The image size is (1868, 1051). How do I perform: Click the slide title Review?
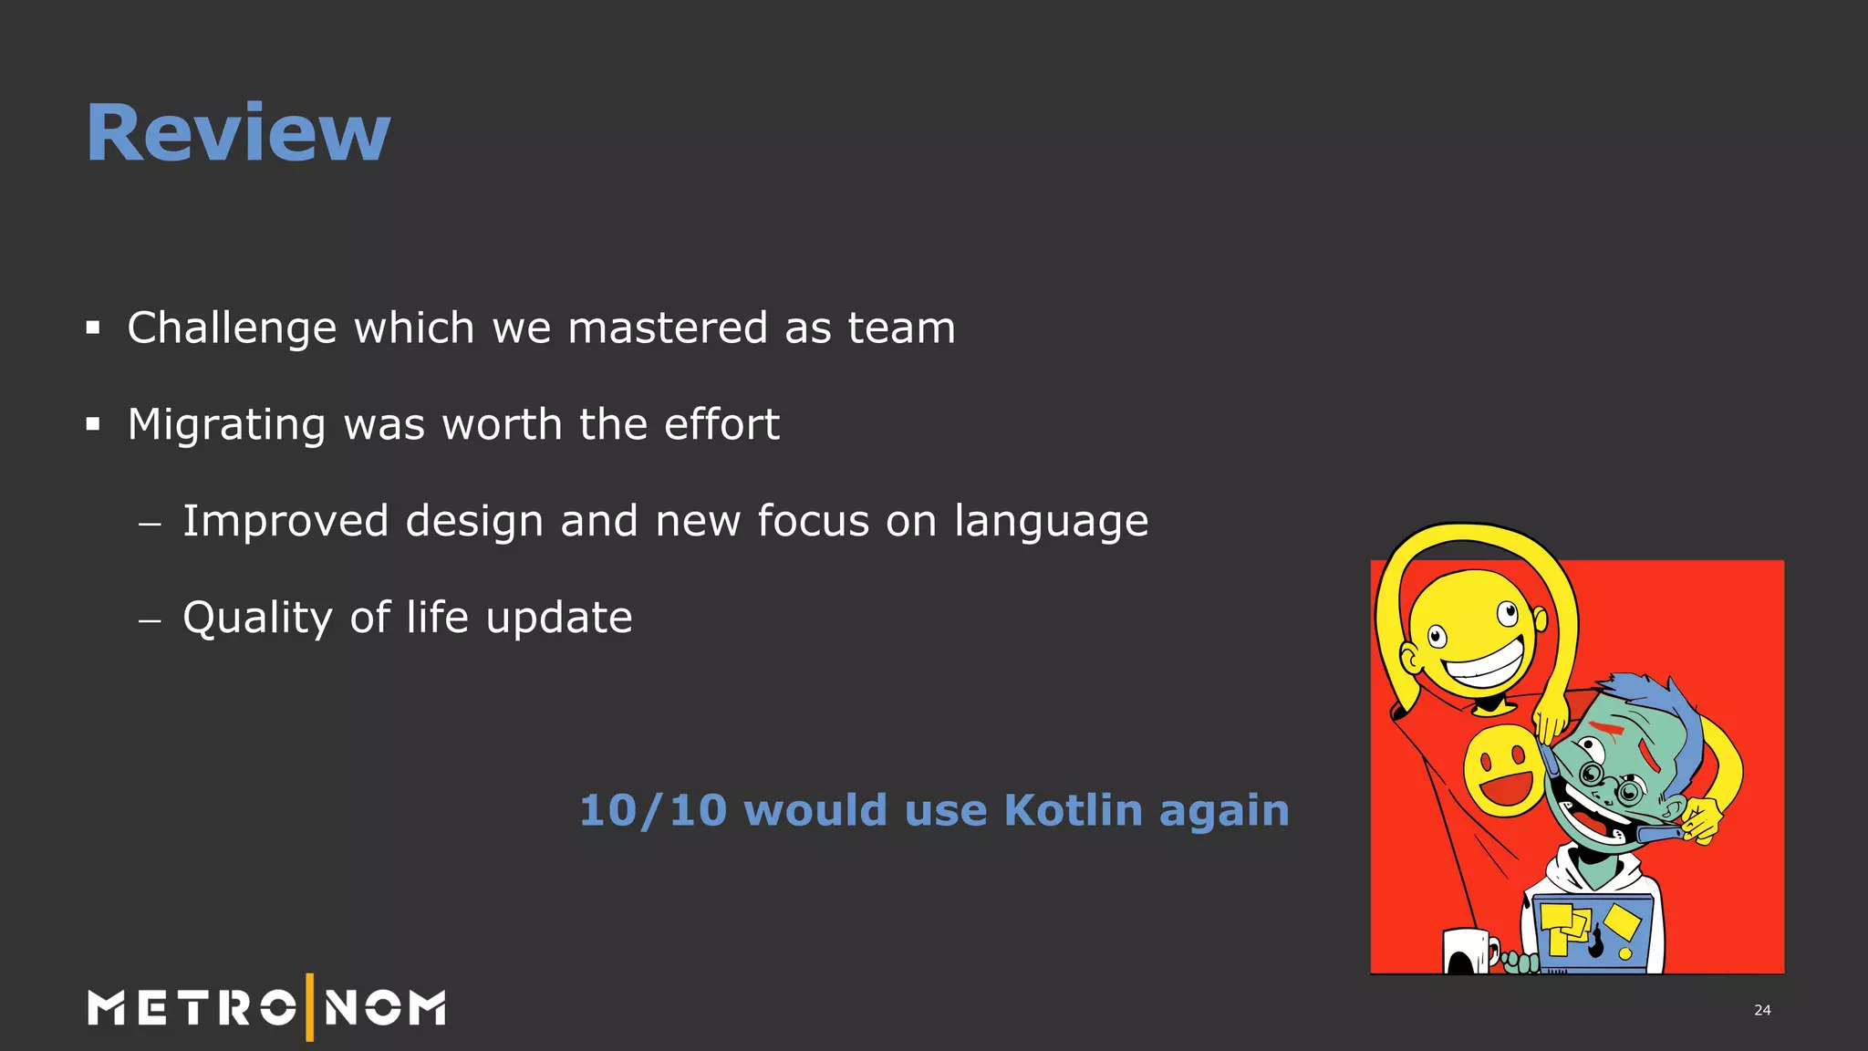(x=238, y=133)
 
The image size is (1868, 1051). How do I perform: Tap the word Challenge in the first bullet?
(x=232, y=328)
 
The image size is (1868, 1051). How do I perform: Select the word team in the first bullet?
(x=901, y=328)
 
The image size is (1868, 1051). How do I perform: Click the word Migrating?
(x=226, y=425)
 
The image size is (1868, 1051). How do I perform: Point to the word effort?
(x=721, y=424)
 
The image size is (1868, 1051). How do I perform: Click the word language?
(x=1051, y=523)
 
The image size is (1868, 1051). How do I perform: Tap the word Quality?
(x=257, y=619)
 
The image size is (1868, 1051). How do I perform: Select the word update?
(x=559, y=619)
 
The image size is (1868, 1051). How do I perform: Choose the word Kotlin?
(x=1073, y=810)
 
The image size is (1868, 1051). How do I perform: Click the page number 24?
(x=1762, y=1010)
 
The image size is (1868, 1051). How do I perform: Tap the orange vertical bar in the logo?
(x=310, y=1007)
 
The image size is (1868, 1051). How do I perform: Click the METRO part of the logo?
(x=192, y=1008)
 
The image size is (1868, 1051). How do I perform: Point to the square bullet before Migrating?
(x=93, y=424)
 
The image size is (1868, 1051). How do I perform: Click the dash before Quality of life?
(x=150, y=620)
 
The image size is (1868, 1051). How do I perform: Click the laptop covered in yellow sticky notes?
(x=1592, y=935)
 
